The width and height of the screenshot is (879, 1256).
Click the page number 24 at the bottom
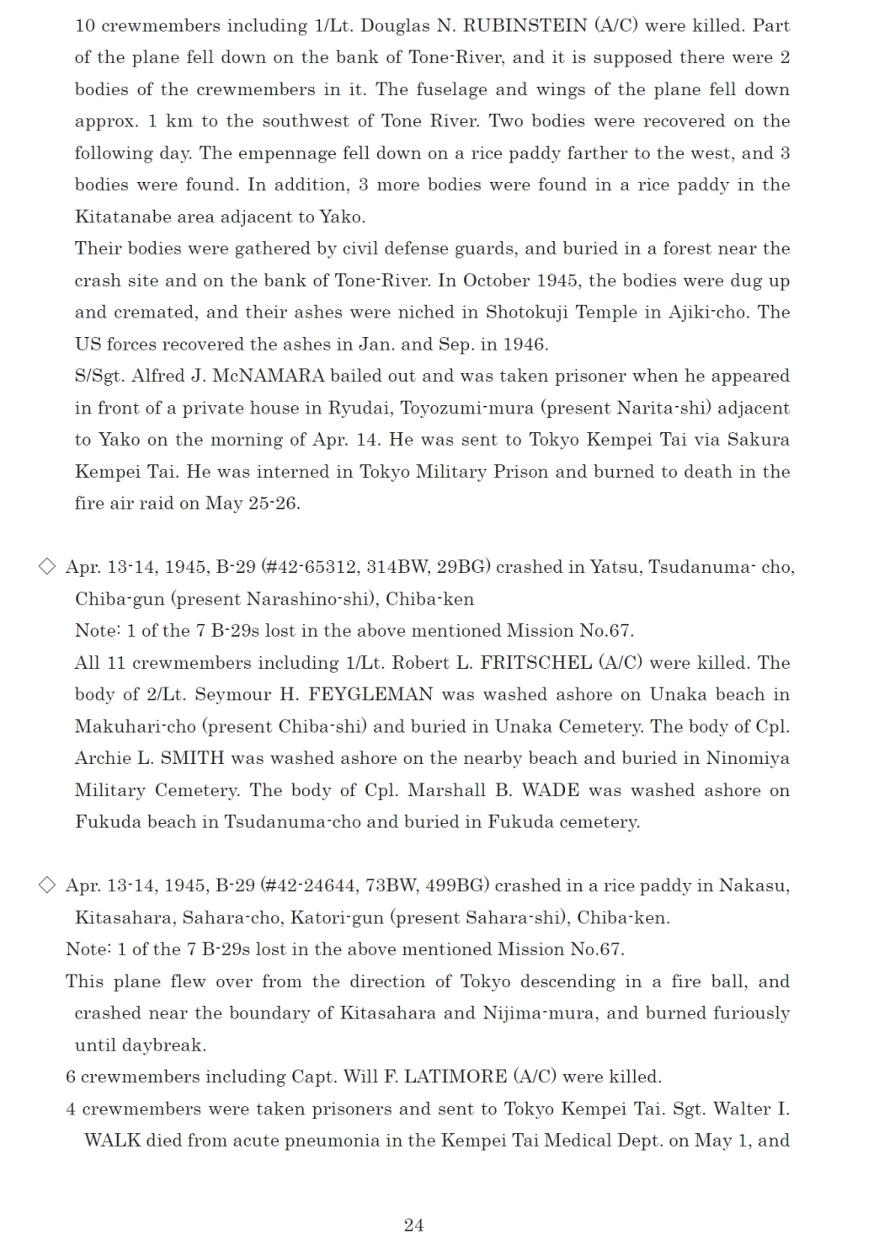click(x=413, y=1225)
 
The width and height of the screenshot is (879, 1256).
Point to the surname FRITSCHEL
click(x=535, y=663)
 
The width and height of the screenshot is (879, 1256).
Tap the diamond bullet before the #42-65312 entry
click(x=47, y=566)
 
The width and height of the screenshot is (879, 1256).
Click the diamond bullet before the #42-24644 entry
click(x=47, y=885)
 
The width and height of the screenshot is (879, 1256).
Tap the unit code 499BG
click(x=457, y=885)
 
